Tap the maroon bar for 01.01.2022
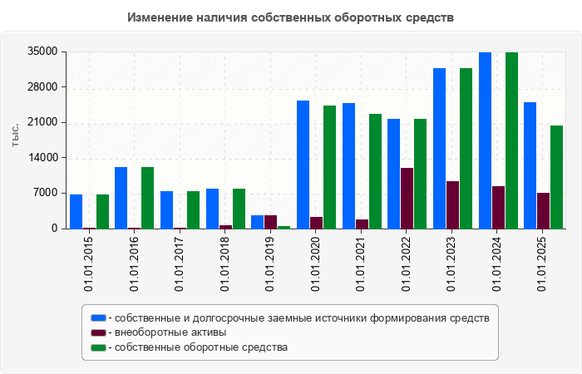[407, 198]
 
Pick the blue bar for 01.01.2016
[121, 198]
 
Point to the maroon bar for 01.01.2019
[270, 222]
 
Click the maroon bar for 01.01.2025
[543, 210]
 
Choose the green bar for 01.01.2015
[102, 211]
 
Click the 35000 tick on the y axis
[42, 52]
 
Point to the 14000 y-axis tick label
[42, 158]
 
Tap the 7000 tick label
[45, 194]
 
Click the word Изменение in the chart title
[163, 17]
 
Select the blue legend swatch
[98, 317]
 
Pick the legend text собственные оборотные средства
[201, 347]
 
